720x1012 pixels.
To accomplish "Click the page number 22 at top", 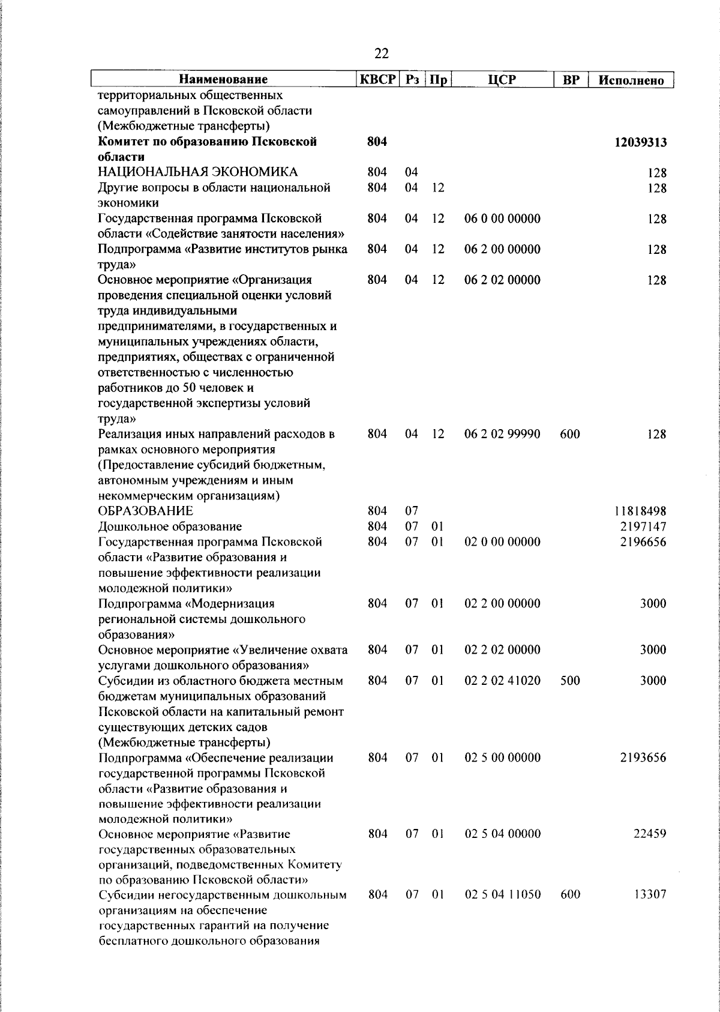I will pyautogui.click(x=381, y=54).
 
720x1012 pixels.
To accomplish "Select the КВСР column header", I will pyautogui.click(x=377, y=79).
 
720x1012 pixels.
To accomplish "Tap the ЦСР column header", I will pyautogui.click(x=502, y=79).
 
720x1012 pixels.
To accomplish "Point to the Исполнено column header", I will pyautogui.click(x=631, y=80).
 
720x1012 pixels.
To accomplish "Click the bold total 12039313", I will pyautogui.click(x=640, y=142).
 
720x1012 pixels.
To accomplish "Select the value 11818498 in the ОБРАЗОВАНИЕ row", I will pyautogui.click(x=640, y=511).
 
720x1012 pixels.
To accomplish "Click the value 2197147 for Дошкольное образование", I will pyautogui.click(x=645, y=526).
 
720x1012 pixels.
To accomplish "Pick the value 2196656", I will pyautogui.click(x=645, y=542).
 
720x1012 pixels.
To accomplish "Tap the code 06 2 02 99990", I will pyautogui.click(x=502, y=434).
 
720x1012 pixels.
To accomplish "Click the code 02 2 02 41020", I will pyautogui.click(x=502, y=681).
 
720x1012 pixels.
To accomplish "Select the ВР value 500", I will pyautogui.click(x=569, y=681).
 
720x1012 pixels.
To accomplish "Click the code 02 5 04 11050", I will pyautogui.click(x=502, y=894).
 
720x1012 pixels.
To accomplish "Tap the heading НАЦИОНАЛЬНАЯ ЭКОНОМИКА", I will pyautogui.click(x=198, y=173).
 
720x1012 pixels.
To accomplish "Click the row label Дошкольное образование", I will pyautogui.click(x=170, y=526).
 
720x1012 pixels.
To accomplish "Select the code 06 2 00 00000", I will pyautogui.click(x=502, y=249).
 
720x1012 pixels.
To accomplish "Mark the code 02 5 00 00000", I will pyautogui.click(x=502, y=757).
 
